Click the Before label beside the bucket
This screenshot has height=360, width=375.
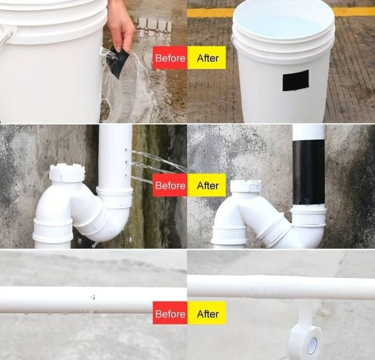click(170, 58)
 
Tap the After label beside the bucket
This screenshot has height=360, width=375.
click(207, 58)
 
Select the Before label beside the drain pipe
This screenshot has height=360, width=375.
click(170, 185)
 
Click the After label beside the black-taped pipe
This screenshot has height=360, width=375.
click(207, 185)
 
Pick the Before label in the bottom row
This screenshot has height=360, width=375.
click(170, 313)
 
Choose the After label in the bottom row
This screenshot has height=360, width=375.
click(207, 313)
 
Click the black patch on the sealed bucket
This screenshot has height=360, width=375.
click(296, 80)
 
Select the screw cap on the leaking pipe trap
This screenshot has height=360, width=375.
click(67, 172)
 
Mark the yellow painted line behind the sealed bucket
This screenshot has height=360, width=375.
click(355, 11)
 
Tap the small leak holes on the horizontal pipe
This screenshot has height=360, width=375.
click(93, 298)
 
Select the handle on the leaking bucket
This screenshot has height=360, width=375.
click(5, 36)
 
